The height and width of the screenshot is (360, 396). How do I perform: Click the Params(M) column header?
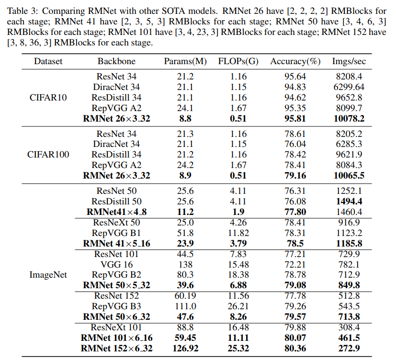point(185,61)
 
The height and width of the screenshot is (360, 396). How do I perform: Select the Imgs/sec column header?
point(349,61)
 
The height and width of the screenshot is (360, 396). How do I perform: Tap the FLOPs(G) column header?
point(238,61)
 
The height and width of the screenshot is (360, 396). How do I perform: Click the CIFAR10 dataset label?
point(48,97)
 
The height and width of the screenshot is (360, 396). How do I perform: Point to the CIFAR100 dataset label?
point(48,154)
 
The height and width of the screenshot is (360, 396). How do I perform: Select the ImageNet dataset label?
point(48,275)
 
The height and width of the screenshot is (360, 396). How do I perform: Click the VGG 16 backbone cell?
point(117,264)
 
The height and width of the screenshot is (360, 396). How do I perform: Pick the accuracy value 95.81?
point(295,119)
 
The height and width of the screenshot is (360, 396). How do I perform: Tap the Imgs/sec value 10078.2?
point(349,119)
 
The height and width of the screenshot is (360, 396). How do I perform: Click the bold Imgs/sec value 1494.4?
point(349,201)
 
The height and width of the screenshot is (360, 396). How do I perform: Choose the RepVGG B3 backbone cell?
point(117,306)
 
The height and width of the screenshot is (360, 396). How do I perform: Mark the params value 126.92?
point(185,349)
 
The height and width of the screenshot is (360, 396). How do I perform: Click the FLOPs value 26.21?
point(238,306)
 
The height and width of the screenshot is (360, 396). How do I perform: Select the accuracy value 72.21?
point(295,264)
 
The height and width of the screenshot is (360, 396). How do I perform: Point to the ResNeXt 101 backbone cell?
point(117,327)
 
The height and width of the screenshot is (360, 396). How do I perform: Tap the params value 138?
point(185,264)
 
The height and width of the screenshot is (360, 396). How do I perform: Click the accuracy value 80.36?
point(295,349)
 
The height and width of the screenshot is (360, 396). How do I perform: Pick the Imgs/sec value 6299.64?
point(349,87)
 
